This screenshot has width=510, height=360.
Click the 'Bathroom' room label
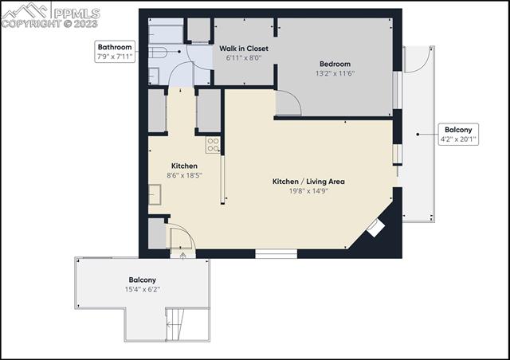point(115,46)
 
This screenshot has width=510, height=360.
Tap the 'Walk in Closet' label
point(244,49)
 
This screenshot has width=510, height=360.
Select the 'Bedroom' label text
point(335,65)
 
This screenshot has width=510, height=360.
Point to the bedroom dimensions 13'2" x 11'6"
point(335,74)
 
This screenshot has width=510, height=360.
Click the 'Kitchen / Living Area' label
point(308,182)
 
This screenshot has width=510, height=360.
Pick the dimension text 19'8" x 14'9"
point(308,191)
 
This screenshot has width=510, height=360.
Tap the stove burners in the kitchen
point(214,145)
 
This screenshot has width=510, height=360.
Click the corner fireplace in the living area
point(375,229)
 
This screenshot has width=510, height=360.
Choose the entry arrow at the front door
point(183,256)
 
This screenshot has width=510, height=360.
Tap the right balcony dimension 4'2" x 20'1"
point(457,139)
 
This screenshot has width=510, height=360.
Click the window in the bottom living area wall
point(277,254)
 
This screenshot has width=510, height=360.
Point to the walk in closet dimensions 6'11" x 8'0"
point(244,58)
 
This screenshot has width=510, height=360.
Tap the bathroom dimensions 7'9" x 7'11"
point(115,57)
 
